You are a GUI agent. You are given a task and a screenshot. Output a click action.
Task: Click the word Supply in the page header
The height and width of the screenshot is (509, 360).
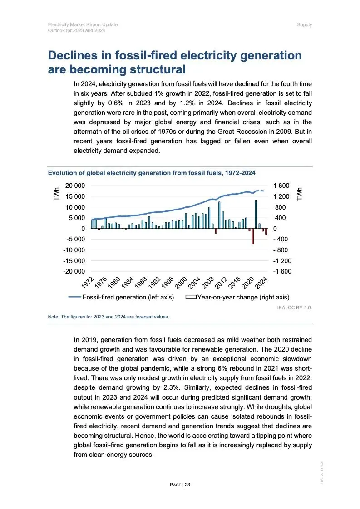304,24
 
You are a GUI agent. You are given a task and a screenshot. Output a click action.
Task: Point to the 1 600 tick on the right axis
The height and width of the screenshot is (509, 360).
281,186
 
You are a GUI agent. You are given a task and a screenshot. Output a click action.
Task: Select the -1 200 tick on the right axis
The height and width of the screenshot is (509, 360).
282,261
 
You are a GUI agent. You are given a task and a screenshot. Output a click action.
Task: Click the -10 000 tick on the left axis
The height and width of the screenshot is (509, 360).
73,250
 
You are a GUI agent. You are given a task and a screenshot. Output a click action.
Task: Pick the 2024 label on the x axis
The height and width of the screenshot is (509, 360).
261,282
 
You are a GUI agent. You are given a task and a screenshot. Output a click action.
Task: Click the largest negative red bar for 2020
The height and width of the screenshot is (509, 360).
253,236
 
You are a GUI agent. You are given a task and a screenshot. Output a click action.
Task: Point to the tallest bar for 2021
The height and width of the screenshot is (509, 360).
256,214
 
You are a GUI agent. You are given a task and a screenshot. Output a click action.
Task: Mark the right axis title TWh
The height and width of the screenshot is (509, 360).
300,194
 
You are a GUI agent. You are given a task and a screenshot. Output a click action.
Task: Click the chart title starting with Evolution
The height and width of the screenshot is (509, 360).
152,173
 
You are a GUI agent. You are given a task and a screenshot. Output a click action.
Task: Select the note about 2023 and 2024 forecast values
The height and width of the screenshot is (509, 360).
108,317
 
